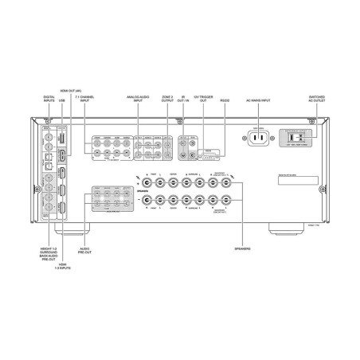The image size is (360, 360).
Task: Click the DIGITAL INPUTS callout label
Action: [x=49, y=100]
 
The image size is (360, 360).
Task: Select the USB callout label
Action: [x=63, y=101]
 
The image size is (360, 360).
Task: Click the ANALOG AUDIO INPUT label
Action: [x=139, y=100]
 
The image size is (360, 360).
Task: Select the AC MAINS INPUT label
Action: [x=261, y=101]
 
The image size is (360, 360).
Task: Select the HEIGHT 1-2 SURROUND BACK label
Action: [x=49, y=254]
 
